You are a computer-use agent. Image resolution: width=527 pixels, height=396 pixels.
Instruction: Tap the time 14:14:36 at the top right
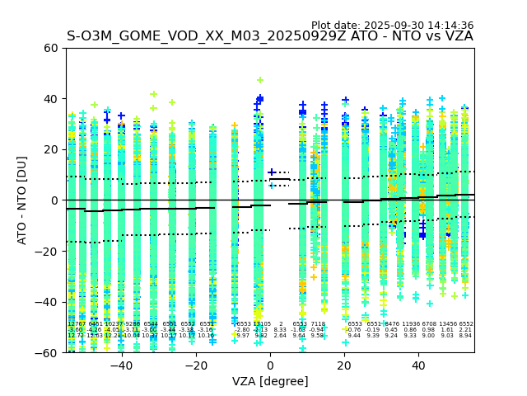click(x=447, y=26)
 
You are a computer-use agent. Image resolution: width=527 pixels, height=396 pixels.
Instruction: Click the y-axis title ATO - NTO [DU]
click(x=23, y=200)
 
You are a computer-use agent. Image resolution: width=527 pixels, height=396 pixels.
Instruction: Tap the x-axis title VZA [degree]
click(x=270, y=382)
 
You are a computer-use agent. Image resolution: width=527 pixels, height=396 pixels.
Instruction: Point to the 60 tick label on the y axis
click(x=50, y=48)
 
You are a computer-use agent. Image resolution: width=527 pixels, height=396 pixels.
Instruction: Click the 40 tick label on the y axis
click(x=50, y=99)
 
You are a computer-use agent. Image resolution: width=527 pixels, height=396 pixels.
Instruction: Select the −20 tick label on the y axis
click(x=47, y=251)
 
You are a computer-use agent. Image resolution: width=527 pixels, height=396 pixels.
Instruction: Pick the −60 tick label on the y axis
click(x=47, y=352)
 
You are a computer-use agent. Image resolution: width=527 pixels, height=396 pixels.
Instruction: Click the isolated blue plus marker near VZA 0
click(x=272, y=172)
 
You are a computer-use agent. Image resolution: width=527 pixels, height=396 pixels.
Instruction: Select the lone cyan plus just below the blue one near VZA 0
click(x=273, y=186)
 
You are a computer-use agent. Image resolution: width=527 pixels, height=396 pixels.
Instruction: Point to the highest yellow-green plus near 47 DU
click(x=260, y=80)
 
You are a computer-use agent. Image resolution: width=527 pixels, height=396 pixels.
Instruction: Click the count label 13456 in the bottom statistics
click(x=448, y=324)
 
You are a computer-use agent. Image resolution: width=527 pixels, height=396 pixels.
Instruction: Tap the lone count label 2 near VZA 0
click(x=281, y=324)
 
